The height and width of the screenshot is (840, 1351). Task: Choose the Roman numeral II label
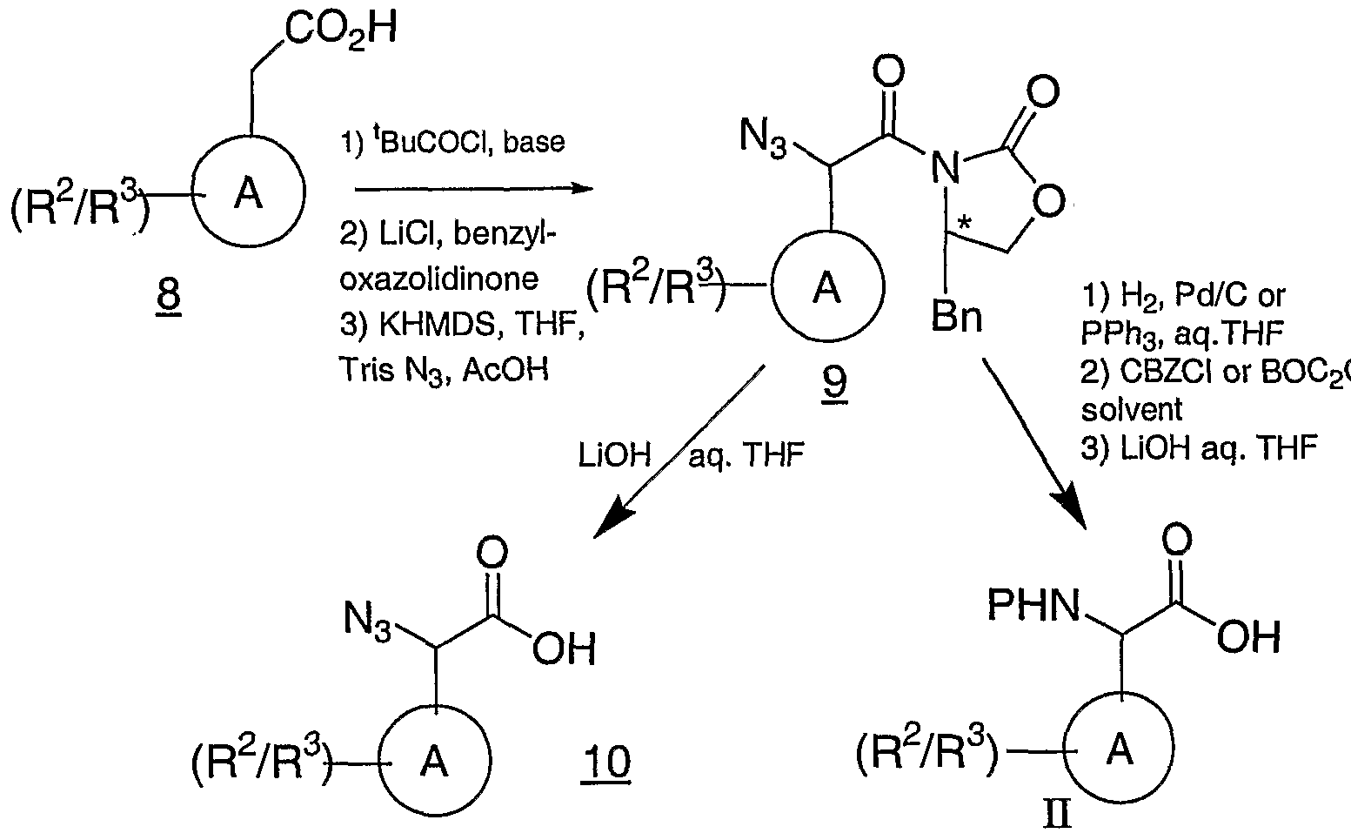(1058, 817)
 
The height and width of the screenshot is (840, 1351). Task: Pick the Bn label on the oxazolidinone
(957, 318)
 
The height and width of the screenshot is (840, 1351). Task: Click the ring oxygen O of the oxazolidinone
(1050, 202)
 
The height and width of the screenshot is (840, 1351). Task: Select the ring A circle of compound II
(1120, 749)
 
